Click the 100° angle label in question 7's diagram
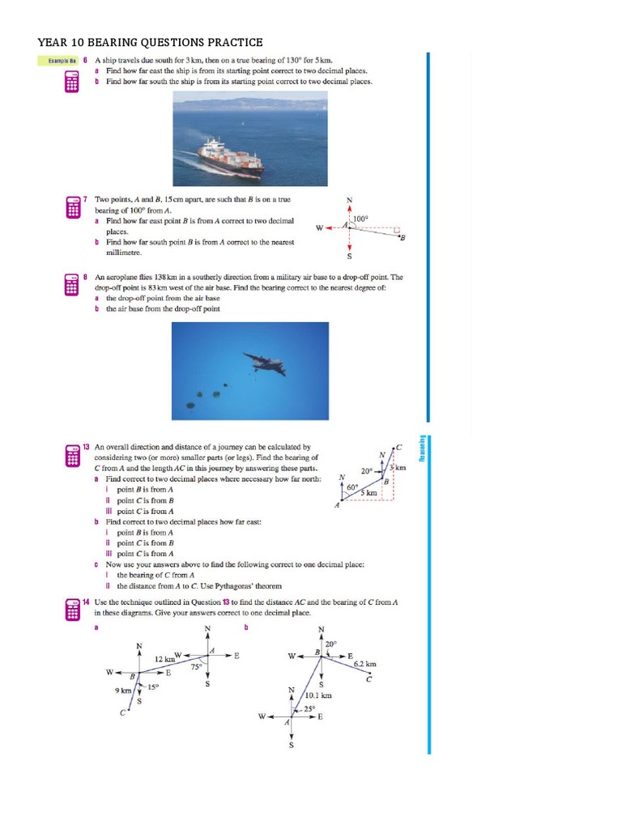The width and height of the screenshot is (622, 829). coord(360,218)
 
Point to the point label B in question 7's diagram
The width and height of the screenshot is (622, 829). coord(403,236)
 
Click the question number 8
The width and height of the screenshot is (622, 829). coord(85,277)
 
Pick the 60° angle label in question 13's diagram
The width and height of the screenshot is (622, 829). coord(352,487)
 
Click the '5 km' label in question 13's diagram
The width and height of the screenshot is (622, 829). coord(369,492)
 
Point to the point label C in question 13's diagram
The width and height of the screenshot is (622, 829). coord(398,447)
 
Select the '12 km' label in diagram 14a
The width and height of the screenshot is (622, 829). coord(165,659)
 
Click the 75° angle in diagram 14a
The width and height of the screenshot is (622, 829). coord(195,667)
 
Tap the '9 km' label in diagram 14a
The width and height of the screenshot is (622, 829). coord(123,691)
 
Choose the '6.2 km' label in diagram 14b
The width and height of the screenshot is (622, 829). coord(365,664)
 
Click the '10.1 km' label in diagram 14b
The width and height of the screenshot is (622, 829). coord(317,695)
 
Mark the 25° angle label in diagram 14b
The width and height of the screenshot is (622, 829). coord(309,709)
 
